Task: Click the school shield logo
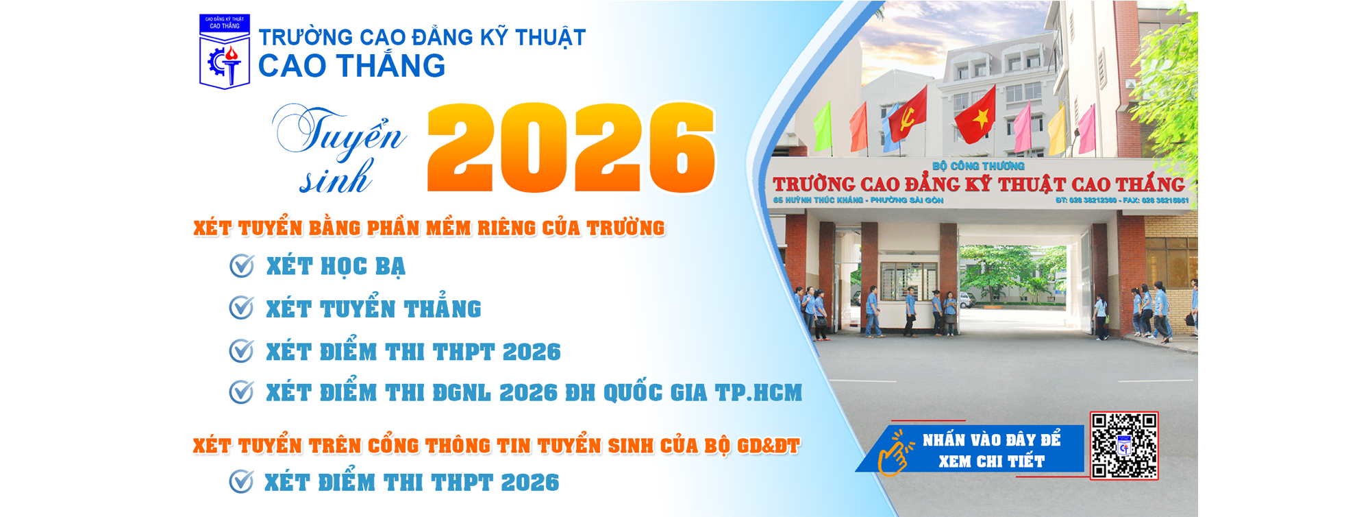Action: click(225, 52)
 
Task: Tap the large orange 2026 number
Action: click(571, 147)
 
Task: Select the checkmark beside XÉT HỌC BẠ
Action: click(242, 266)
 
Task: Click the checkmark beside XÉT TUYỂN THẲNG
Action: click(242, 309)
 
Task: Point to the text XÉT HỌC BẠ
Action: click(336, 267)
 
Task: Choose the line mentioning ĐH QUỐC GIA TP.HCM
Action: click(534, 393)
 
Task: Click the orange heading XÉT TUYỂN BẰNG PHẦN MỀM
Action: click(429, 228)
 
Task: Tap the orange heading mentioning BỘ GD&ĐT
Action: click(496, 446)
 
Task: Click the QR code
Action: click(1124, 445)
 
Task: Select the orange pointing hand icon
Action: click(895, 453)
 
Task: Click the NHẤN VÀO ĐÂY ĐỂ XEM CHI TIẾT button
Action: click(991, 450)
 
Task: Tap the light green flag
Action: click(822, 127)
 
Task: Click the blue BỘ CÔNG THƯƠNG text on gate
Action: click(978, 166)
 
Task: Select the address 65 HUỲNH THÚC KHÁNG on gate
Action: click(858, 200)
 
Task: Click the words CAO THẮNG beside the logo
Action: click(351, 67)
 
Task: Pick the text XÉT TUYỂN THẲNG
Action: click(373, 309)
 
